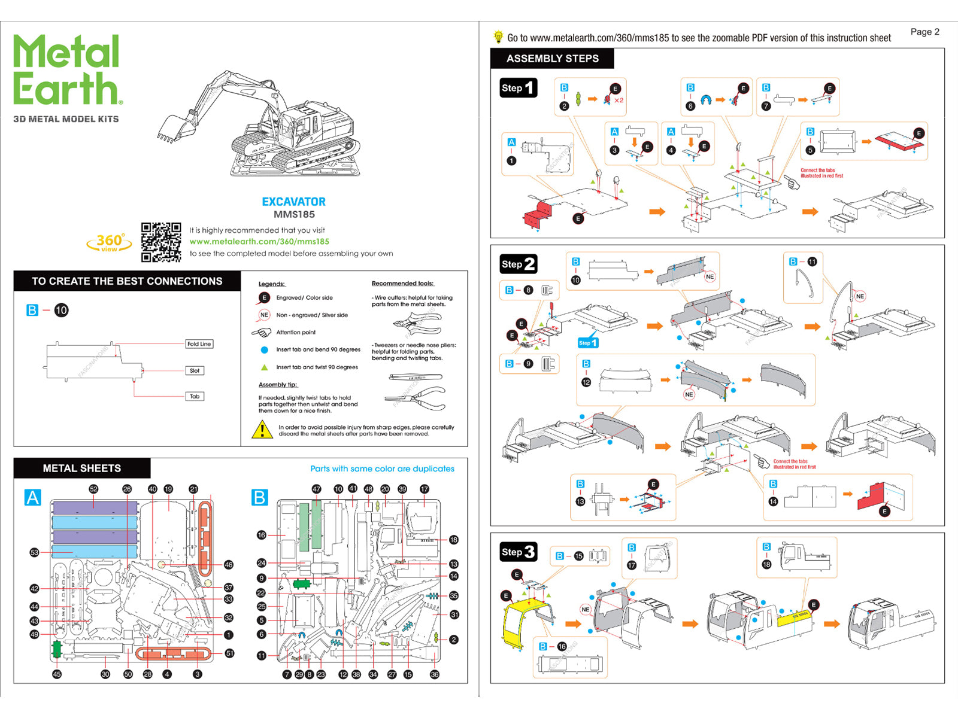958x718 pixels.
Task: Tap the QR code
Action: click(161, 242)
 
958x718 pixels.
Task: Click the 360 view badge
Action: click(109, 242)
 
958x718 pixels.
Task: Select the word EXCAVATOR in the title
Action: click(293, 202)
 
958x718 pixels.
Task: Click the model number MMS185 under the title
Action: click(294, 215)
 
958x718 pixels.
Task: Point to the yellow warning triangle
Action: click(262, 430)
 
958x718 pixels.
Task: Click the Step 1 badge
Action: click(518, 88)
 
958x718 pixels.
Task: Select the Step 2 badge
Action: click(518, 264)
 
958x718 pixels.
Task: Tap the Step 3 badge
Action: click(518, 552)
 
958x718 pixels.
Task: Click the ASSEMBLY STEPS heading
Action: click(552, 59)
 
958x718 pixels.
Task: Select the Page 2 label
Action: click(924, 32)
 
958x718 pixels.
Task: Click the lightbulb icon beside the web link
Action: click(498, 37)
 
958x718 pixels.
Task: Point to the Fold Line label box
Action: click(199, 344)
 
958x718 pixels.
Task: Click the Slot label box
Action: click(195, 371)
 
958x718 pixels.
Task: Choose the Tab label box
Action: click(195, 396)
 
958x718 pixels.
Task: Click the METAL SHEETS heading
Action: click(81, 468)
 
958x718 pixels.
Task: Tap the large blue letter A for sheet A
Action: click(33, 497)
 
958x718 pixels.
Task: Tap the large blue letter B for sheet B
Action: click(260, 497)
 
